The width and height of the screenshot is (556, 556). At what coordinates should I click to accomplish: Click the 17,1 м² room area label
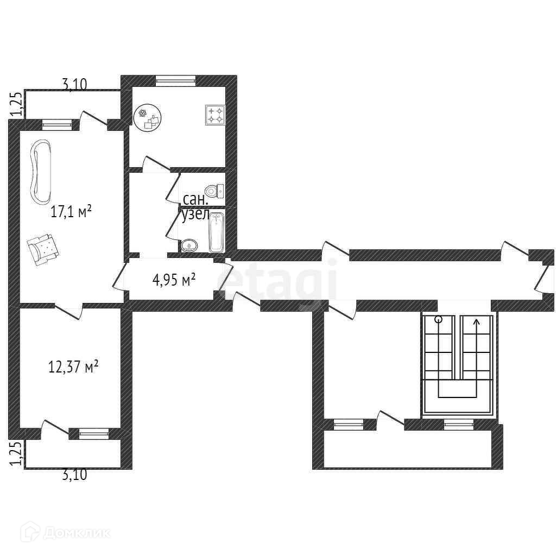72,212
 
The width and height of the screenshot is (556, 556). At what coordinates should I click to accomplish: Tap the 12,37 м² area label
73,367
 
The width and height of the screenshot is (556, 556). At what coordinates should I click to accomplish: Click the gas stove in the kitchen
215,115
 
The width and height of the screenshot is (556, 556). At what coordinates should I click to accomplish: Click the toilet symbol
215,192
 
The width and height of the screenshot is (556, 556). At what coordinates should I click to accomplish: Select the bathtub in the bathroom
216,232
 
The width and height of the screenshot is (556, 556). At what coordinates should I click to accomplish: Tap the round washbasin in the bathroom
189,245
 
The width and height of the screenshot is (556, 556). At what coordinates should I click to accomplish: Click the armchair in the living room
43,248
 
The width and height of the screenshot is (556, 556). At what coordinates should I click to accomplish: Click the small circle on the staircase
439,319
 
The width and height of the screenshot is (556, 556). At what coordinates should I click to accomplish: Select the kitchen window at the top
175,81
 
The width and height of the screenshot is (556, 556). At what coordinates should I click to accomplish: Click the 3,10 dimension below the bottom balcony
74,475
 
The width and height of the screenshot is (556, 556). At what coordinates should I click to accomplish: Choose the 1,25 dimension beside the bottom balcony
17,453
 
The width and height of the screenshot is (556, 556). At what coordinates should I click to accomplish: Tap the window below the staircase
459,425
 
